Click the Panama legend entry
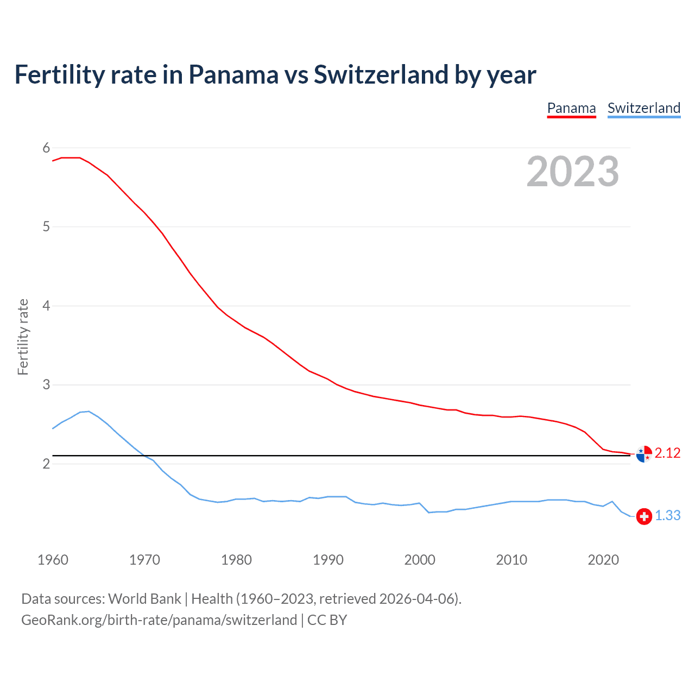click(571, 108)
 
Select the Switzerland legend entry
click(643, 108)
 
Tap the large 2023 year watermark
click(572, 172)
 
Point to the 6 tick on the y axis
click(46, 148)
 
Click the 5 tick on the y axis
click(46, 227)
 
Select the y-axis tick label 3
click(46, 385)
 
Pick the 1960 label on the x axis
click(53, 560)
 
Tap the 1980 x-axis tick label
click(236, 560)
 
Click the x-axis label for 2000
click(420, 560)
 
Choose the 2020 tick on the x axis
click(603, 560)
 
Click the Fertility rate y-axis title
click(23, 337)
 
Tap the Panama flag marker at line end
click(644, 454)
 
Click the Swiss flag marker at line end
click(644, 516)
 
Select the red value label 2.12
click(667, 453)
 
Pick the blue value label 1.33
click(667, 516)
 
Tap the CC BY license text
click(327, 620)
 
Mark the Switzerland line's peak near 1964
click(89, 411)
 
